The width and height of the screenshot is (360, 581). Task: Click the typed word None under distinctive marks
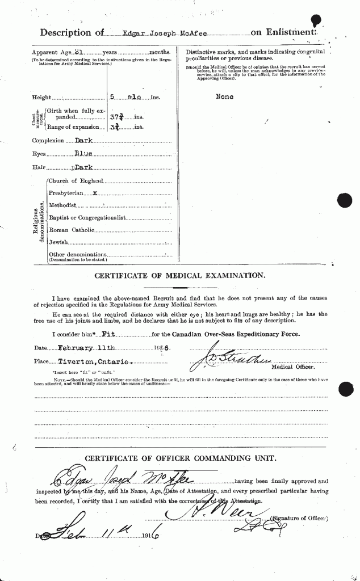[225, 97]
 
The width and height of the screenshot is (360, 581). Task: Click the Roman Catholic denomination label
[72, 230]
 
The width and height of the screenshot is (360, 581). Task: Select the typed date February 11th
[88, 347]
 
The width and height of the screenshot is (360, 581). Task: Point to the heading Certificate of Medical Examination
[179, 276]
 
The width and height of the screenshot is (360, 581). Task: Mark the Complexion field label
[48, 141]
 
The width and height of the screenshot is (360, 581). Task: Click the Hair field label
[39, 167]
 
